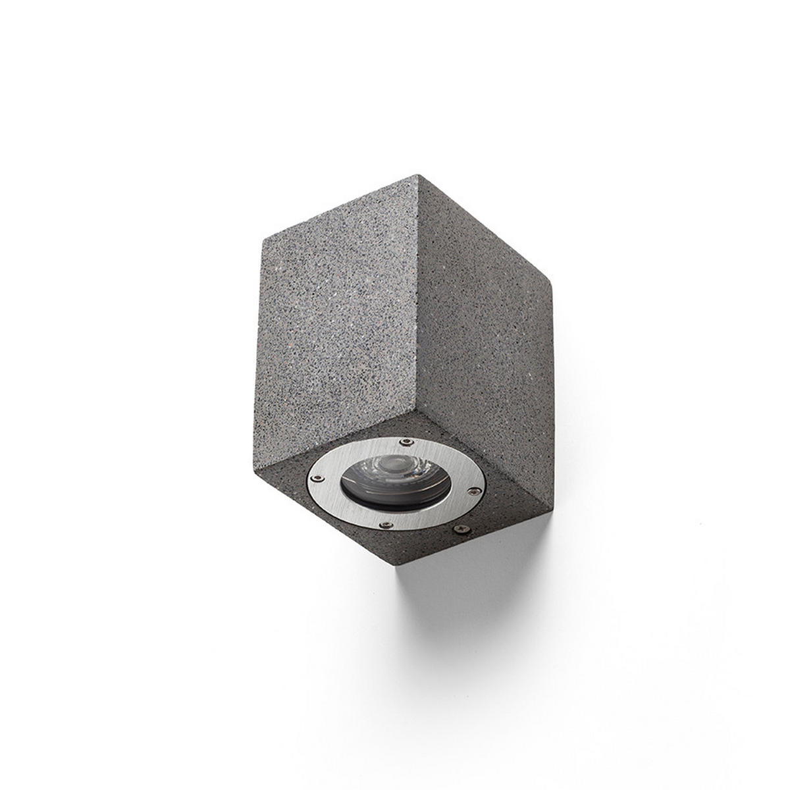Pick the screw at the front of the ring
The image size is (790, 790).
coord(388,525)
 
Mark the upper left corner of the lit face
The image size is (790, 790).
coord(264,236)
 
